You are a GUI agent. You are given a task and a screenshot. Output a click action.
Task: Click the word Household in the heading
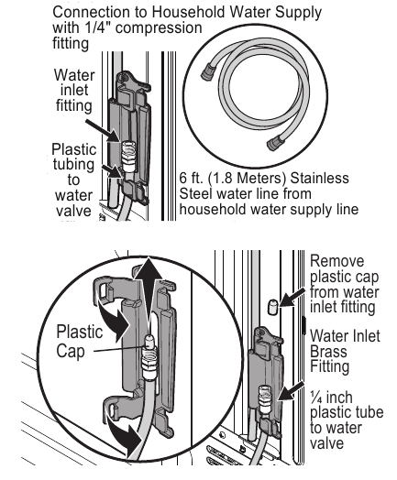[188, 12]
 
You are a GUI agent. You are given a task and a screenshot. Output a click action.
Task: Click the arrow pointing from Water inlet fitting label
[102, 131]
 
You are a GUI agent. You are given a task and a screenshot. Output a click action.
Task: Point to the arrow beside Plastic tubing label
[112, 171]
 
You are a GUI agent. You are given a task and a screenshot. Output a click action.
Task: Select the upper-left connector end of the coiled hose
[208, 71]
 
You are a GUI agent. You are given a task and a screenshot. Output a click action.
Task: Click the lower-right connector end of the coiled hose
[276, 142]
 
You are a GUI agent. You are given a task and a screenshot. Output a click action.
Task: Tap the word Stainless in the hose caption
[319, 178]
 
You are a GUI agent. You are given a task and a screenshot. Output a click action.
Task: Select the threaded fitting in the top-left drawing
[128, 156]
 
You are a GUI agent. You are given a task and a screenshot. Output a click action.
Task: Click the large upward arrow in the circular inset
[148, 294]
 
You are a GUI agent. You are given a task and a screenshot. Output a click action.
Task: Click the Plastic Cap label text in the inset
[80, 341]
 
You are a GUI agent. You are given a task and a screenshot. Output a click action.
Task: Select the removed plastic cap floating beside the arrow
[272, 307]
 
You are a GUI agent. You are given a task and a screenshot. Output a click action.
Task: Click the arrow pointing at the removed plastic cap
[292, 297]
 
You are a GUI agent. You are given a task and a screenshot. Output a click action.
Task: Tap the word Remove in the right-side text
[337, 261]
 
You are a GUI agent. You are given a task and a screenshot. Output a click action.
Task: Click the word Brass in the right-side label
[328, 351]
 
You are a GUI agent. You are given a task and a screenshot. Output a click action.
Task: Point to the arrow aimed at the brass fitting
[291, 391]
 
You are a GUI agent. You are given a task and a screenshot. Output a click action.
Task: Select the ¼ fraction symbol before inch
[315, 397]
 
